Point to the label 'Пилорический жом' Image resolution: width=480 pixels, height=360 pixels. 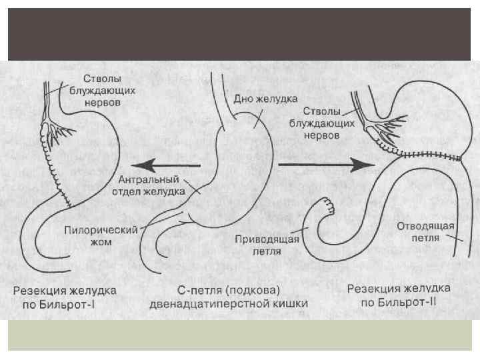click(x=101, y=235)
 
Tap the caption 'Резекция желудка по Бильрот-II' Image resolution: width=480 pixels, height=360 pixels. click(x=399, y=296)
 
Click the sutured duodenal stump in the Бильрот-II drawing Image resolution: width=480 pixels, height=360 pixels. click(x=326, y=203)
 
